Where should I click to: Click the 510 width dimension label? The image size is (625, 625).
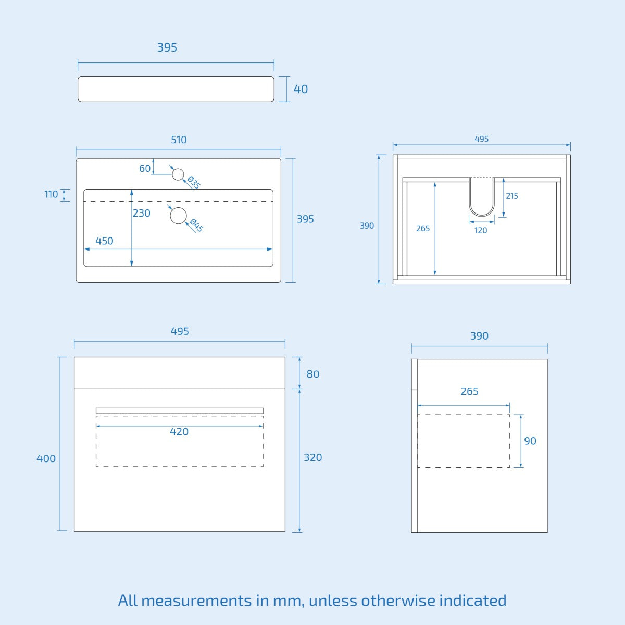coord(179,140)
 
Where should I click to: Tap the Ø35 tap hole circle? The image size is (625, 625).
coord(178,174)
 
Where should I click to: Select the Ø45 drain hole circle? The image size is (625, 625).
coord(179,216)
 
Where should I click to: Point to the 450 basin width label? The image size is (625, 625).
coord(104,241)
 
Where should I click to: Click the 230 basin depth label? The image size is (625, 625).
coord(142,213)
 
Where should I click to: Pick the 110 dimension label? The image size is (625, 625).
coord(51,194)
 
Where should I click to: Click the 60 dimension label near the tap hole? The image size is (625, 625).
coord(145,168)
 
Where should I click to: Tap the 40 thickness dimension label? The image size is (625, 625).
coord(301,89)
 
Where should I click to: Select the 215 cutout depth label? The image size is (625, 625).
coord(512,196)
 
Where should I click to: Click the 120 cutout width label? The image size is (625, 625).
coord(481,230)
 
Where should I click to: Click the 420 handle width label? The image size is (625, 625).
coord(179,432)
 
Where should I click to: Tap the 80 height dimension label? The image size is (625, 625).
coord(313,374)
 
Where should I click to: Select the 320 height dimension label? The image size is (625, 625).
coord(312,458)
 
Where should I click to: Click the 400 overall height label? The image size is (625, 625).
coord(46,459)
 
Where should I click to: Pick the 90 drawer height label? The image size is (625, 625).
coord(530,441)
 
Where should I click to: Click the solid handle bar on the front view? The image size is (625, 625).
coord(180,410)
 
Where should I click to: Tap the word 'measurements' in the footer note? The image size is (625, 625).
coord(196,601)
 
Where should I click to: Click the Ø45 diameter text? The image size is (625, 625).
coord(196,226)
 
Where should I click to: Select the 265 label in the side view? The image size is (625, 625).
coord(469,392)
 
